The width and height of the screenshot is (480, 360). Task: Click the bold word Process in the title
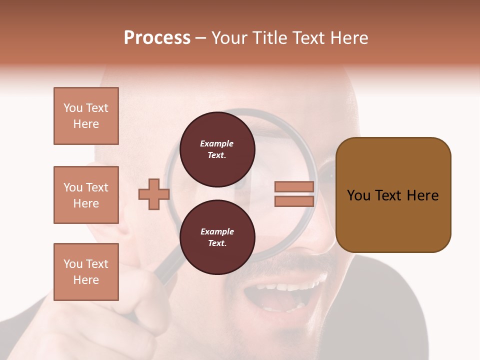point(157,38)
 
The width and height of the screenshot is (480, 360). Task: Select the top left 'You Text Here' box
point(86,116)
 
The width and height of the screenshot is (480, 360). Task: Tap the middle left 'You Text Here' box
point(86,195)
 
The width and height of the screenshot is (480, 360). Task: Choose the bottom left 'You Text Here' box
point(86,272)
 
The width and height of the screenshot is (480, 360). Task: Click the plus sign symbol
point(153,194)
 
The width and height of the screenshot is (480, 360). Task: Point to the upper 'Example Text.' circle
point(217,149)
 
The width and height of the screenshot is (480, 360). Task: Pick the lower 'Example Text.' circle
point(217,237)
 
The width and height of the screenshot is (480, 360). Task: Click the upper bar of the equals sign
point(294,186)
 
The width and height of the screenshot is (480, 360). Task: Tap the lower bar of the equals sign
point(294,201)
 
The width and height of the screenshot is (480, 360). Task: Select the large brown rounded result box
point(393,195)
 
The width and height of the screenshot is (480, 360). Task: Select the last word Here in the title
point(348,38)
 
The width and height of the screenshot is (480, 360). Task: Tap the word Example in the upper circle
point(217,143)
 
